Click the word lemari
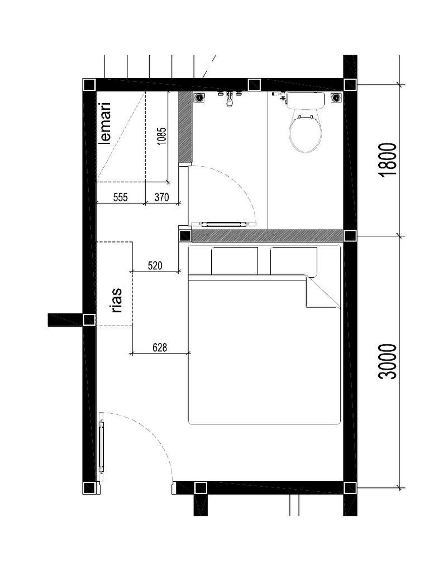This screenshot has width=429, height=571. tap(105, 123)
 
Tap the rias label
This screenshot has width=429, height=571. tap(117, 300)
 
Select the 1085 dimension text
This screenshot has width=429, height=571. tap(161, 137)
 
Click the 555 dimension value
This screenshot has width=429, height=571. tap(121, 197)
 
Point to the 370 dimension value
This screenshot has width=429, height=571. tap(161, 197)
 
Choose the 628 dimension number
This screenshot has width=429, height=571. tap(160, 347)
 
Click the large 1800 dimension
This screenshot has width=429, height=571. tap(388, 159)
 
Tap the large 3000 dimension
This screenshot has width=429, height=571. tap(388, 361)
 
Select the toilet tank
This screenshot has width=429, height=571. tap(305, 100)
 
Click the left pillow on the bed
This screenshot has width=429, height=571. tap(235, 260)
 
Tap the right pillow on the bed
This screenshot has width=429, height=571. tap(294, 260)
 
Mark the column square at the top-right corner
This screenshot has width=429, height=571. tap(350, 84)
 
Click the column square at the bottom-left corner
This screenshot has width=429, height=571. tap(89, 487)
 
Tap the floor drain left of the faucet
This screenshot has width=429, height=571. tap(199, 98)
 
